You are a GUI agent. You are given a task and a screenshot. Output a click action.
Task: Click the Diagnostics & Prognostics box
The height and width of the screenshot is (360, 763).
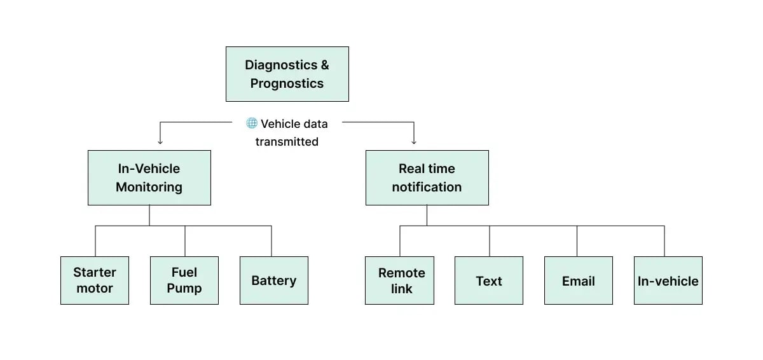(x=287, y=74)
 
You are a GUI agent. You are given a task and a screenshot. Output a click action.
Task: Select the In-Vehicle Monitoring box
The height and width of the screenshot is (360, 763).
(x=149, y=177)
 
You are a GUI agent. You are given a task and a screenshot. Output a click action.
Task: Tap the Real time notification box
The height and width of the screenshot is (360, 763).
(x=427, y=177)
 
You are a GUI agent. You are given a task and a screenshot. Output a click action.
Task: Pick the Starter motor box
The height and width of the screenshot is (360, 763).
(x=95, y=280)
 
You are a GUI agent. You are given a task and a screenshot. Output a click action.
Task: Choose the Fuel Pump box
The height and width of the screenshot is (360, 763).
(x=184, y=280)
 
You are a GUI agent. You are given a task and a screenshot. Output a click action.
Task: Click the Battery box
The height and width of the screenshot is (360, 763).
(x=273, y=280)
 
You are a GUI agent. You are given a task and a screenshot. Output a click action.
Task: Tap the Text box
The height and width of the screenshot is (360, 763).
(x=489, y=280)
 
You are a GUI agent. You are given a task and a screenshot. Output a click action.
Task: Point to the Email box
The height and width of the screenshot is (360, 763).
(x=579, y=280)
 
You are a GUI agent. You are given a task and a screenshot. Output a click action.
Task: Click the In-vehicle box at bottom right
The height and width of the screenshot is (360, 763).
(x=668, y=280)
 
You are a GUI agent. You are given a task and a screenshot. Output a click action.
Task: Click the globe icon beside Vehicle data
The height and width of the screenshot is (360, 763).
(x=252, y=123)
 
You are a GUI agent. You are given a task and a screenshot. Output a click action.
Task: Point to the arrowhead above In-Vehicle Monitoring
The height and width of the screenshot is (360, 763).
(x=160, y=141)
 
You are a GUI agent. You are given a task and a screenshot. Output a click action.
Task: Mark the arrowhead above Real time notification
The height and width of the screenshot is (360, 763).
(x=414, y=141)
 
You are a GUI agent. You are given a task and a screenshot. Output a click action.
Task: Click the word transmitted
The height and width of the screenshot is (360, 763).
(x=287, y=142)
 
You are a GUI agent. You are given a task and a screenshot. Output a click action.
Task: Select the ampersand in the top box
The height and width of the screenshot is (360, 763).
(x=324, y=65)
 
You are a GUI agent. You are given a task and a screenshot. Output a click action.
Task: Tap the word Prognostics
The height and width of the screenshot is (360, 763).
(x=287, y=83)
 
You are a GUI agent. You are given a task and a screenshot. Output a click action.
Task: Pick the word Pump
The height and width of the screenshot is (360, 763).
(x=184, y=288)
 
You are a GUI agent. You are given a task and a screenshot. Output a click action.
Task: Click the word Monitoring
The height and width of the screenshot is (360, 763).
(x=149, y=187)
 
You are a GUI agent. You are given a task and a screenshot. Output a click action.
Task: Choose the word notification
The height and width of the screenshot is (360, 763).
(x=427, y=187)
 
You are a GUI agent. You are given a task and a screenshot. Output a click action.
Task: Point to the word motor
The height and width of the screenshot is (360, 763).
(x=95, y=288)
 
